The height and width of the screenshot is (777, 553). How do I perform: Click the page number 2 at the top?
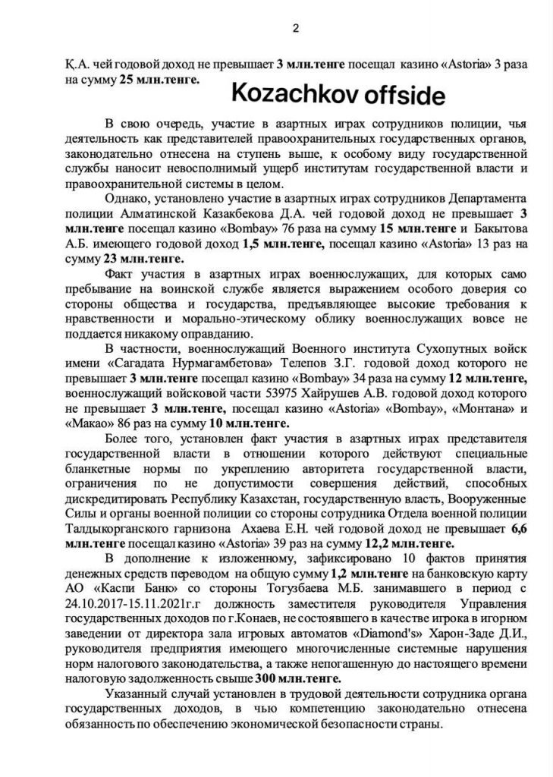point(295,28)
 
